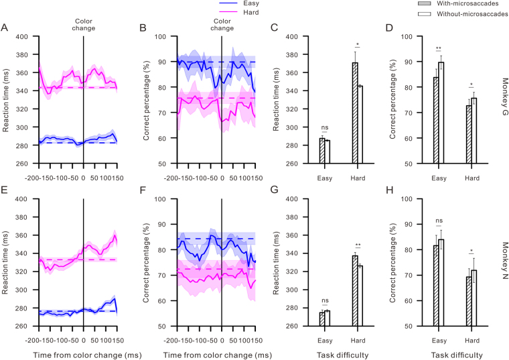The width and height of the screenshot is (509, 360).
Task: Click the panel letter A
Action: point(5,27)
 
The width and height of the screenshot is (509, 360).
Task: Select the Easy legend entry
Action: point(247,3)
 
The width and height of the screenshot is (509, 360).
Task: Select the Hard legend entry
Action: point(247,12)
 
